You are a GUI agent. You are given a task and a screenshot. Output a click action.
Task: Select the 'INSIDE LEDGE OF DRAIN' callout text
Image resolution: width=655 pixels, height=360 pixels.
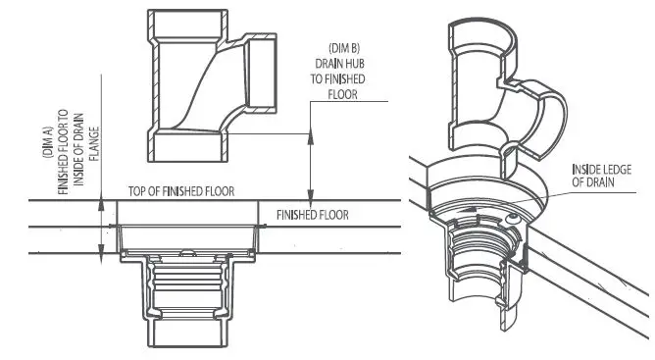[x=607, y=174]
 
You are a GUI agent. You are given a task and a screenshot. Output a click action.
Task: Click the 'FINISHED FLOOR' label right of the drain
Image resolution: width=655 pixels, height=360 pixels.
[x=313, y=214]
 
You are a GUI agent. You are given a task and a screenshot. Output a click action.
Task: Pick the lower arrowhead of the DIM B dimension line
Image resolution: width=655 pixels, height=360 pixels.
[x=311, y=194]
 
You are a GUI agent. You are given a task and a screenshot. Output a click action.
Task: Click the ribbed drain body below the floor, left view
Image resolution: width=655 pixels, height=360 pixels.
[x=187, y=294]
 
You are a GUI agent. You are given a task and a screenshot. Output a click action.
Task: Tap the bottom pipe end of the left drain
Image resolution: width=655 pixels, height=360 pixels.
[x=187, y=342]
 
